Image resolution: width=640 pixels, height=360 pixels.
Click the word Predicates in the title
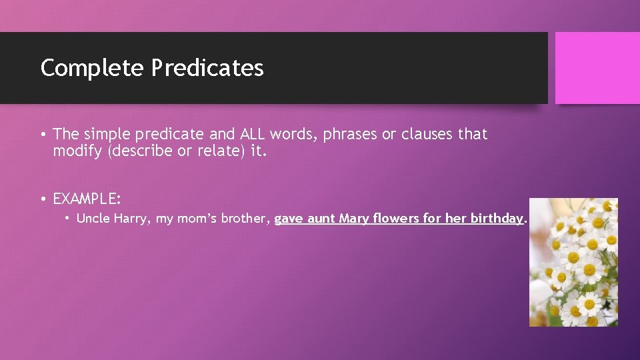tap(207, 68)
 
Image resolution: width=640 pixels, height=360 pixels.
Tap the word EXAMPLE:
tap(87, 199)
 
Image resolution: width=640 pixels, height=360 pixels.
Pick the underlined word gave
tap(288, 218)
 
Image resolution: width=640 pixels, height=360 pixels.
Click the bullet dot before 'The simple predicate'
tap(43, 135)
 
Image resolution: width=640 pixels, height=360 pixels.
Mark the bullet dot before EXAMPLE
tap(43, 199)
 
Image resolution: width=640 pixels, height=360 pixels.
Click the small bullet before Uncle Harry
tap(68, 218)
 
